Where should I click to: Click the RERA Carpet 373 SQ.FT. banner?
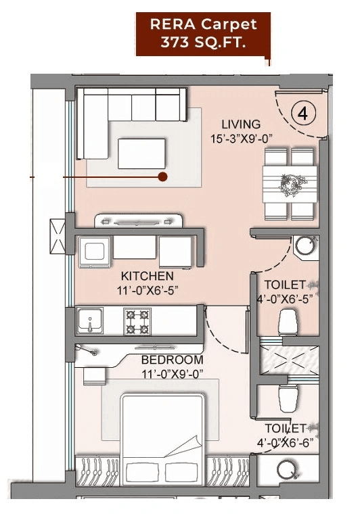pos(204,34)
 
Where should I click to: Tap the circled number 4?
pos(302,114)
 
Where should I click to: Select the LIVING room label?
pos(241,124)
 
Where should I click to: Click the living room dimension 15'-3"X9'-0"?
pos(241,140)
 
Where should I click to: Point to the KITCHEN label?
pos(147,277)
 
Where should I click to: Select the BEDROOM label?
pos(172,360)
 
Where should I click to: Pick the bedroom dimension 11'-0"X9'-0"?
pos(173,373)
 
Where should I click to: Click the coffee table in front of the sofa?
pos(141,153)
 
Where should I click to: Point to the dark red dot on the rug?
pos(162,177)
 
